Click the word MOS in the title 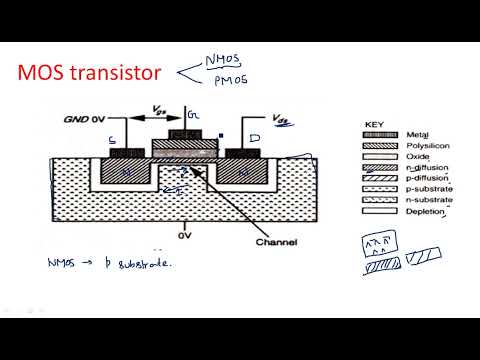coord(48,74)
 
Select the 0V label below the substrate coord(184,238)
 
